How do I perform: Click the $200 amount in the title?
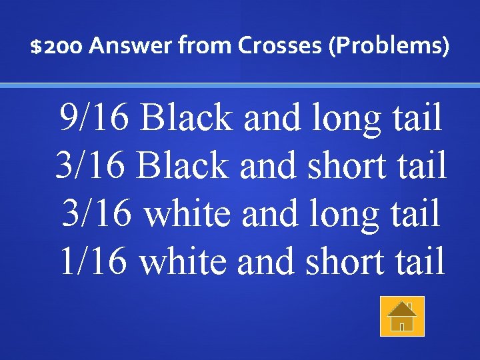pos(57,47)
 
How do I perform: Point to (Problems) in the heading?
pos(387,47)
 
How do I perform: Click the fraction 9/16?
pos(96,119)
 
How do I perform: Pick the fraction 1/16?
pos(96,261)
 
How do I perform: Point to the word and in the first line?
pos(270,119)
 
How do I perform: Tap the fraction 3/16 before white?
pos(97,214)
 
